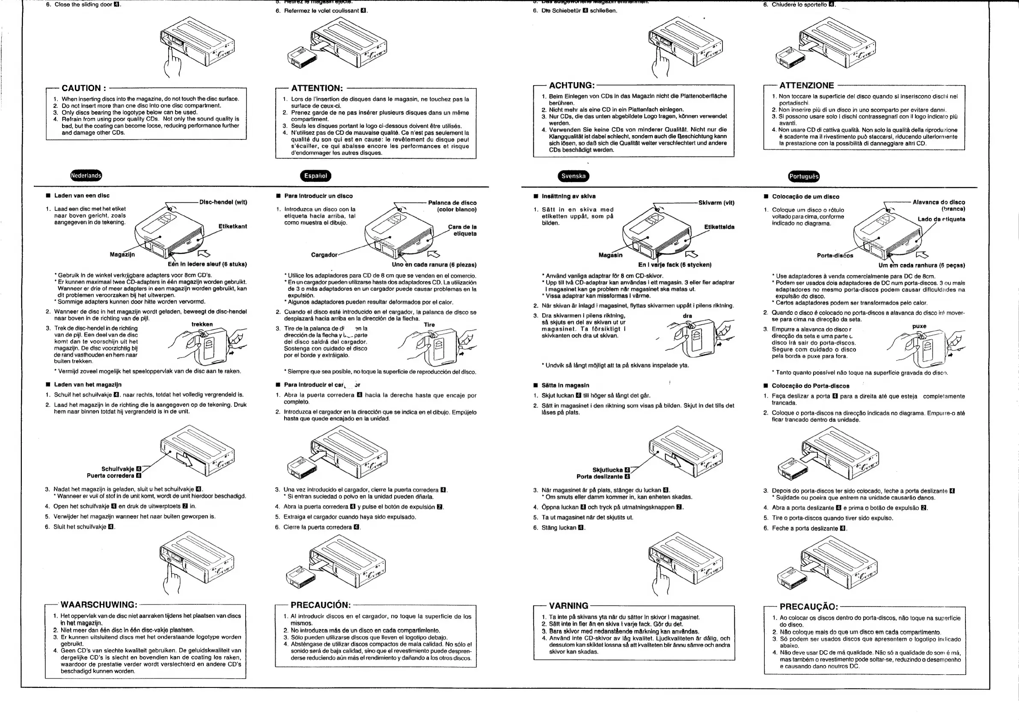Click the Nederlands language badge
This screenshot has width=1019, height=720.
(x=86, y=176)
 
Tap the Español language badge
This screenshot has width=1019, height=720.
(x=315, y=176)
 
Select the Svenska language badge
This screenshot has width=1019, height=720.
(x=573, y=176)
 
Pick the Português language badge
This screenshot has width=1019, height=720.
(x=803, y=177)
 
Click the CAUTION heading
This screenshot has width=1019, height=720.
(x=84, y=88)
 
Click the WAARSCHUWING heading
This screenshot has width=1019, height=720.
(x=98, y=604)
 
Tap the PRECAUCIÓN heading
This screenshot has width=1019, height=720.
(x=321, y=605)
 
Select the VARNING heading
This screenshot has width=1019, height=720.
(x=568, y=605)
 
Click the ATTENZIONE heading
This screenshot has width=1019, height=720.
(x=806, y=85)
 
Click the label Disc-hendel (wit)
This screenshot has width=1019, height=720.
(x=223, y=202)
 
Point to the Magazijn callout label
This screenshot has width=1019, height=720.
(x=122, y=255)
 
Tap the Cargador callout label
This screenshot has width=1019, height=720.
(x=324, y=255)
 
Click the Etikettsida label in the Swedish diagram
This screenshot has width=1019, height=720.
(x=719, y=227)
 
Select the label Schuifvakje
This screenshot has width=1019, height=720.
(x=118, y=469)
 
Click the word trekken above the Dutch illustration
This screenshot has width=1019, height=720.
(x=202, y=324)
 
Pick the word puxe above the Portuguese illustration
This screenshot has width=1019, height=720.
(x=919, y=326)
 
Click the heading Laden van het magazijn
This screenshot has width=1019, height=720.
(x=87, y=385)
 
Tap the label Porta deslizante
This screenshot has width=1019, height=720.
(x=600, y=477)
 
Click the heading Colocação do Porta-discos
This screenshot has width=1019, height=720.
(x=811, y=386)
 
